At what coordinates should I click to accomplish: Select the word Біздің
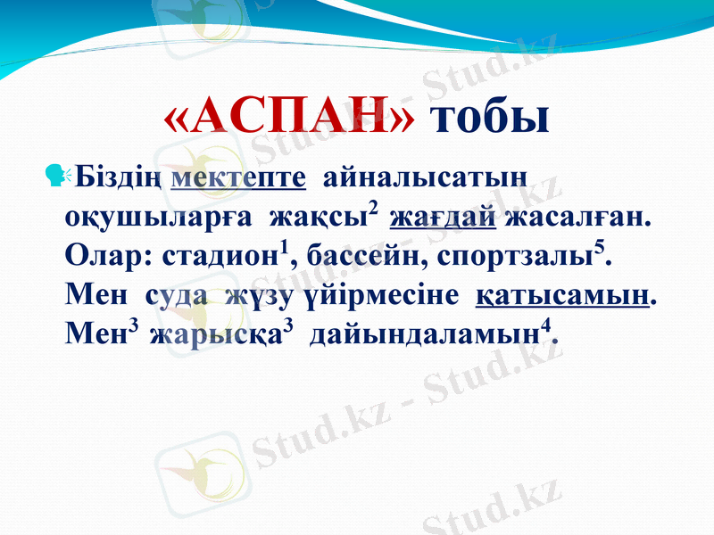pyautogui.click(x=119, y=177)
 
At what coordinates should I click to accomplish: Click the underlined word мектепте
pyautogui.click(x=238, y=177)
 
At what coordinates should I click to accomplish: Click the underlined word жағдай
pyautogui.click(x=443, y=218)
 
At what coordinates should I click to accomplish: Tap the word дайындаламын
pyautogui.click(x=422, y=336)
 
